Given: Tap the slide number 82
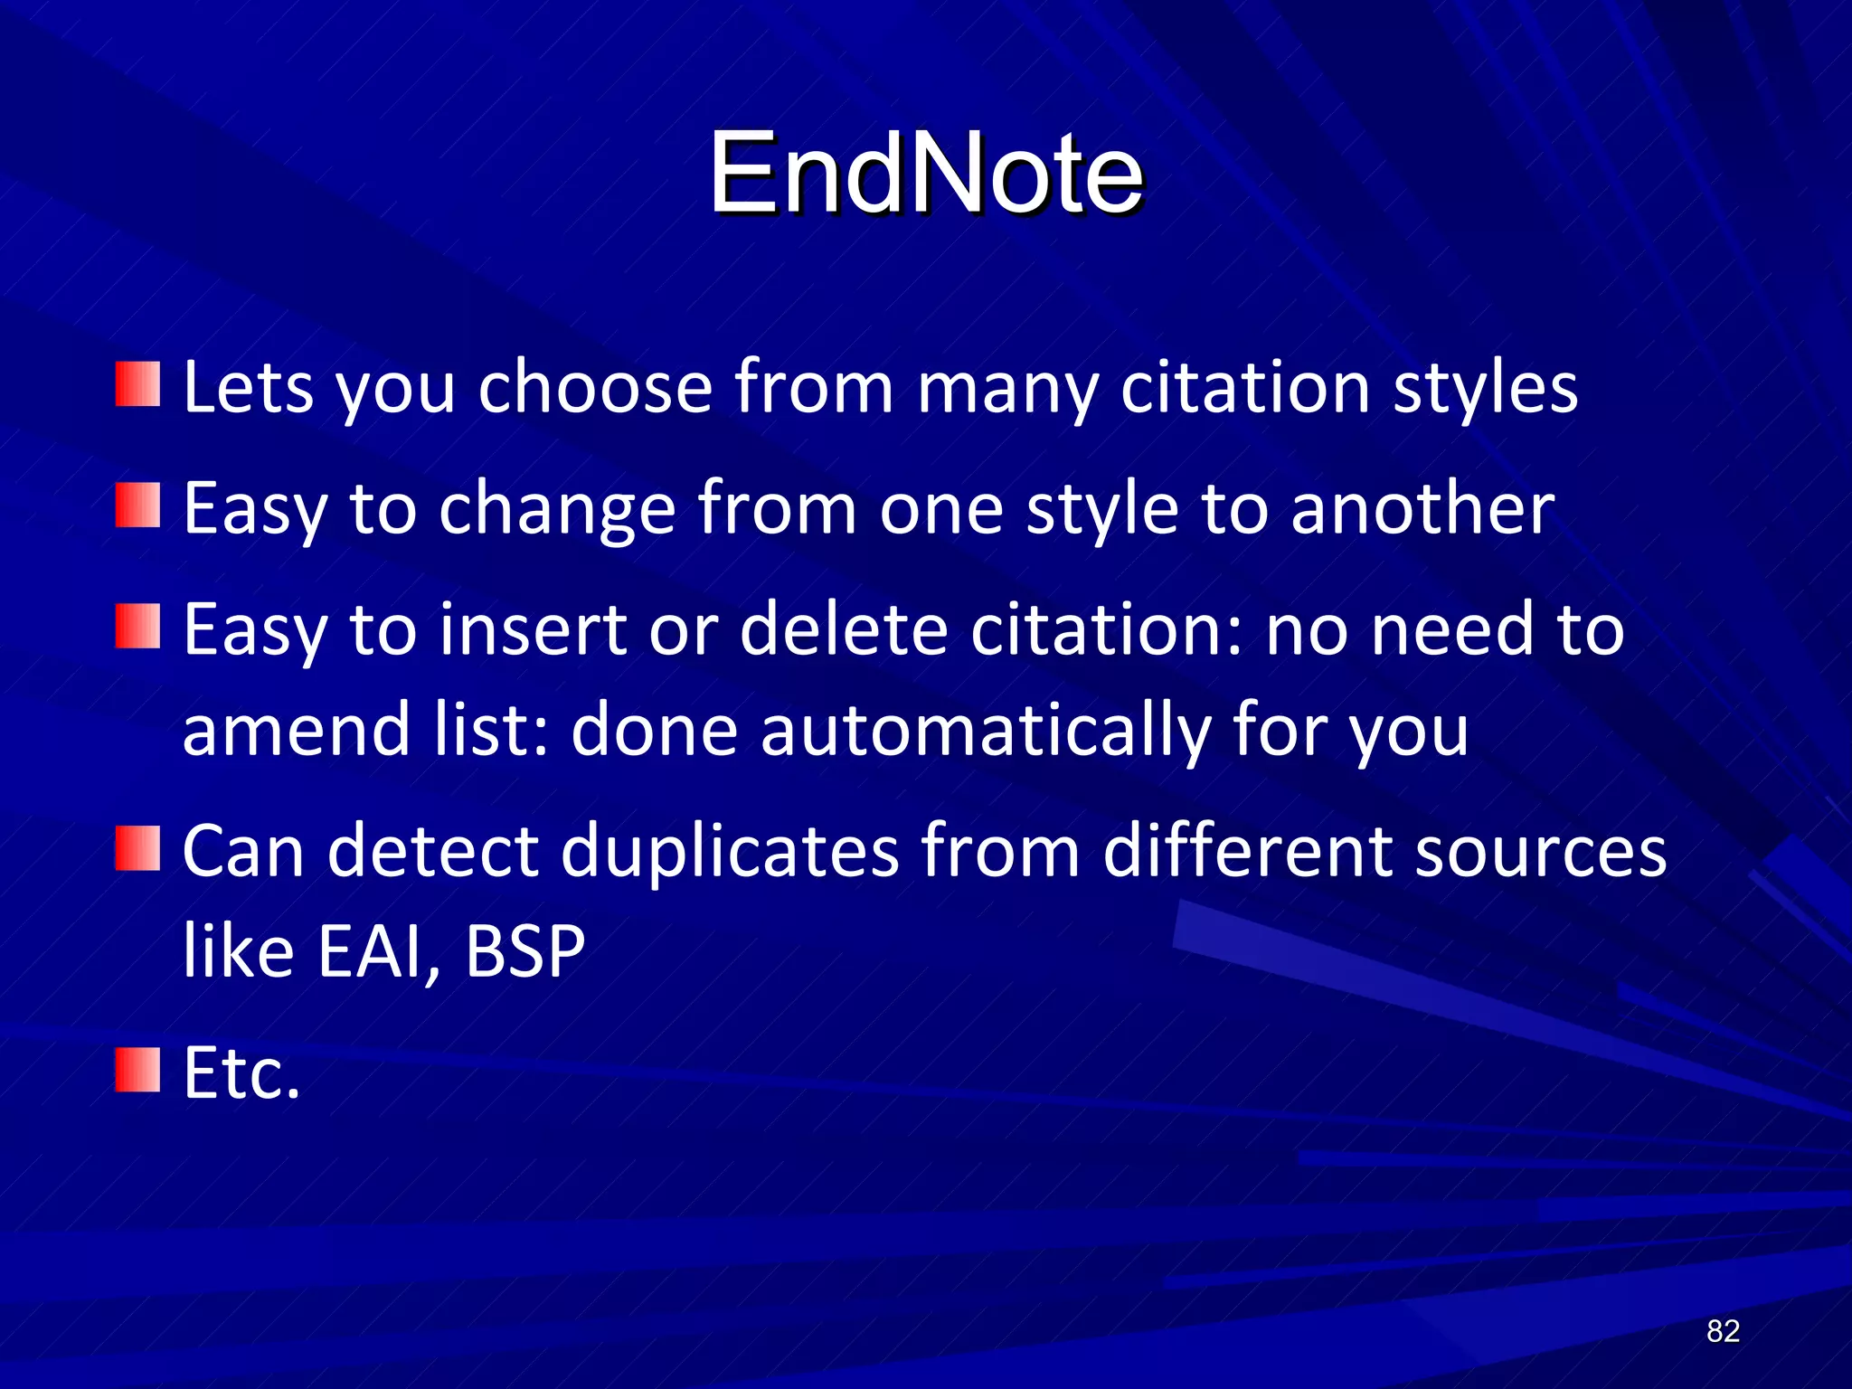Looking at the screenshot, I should click(1723, 1331).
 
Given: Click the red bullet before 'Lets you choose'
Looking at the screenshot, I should click(138, 384).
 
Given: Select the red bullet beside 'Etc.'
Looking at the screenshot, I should click(138, 1071).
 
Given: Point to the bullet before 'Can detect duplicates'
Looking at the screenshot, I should click(138, 849).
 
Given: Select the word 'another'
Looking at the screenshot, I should click(1422, 508).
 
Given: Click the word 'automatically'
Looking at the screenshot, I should click(985, 731).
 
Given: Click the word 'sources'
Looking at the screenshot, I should click(1540, 853).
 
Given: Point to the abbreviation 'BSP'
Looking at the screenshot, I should click(525, 951).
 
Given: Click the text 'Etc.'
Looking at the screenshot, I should click(241, 1072).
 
